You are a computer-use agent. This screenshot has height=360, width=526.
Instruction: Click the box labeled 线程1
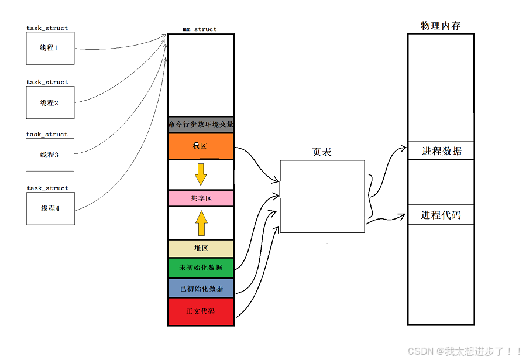pyautogui.click(x=50, y=49)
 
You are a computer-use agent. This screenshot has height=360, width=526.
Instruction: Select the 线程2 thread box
pyautogui.click(x=50, y=103)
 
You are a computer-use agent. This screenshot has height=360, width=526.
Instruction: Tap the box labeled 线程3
pyautogui.click(x=50, y=155)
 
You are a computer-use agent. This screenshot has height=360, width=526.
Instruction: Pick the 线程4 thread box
pyautogui.click(x=50, y=208)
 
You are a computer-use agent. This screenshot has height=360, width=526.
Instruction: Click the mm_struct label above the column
pyautogui.click(x=200, y=29)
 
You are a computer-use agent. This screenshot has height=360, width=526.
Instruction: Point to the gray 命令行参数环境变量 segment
pyautogui.click(x=201, y=125)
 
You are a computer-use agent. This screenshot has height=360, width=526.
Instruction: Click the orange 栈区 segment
pyautogui.click(x=201, y=146)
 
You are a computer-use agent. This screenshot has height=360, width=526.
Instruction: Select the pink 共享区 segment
pyautogui.click(x=201, y=198)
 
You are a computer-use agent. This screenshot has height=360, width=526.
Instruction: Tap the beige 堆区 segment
pyautogui.click(x=201, y=248)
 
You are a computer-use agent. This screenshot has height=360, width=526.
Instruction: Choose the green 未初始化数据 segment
pyautogui.click(x=201, y=268)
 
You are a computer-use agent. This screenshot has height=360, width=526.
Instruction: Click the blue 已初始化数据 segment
pyautogui.click(x=201, y=288)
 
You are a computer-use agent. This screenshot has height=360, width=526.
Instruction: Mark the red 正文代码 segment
pyautogui.click(x=201, y=311)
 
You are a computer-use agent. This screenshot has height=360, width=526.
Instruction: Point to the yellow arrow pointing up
pyautogui.click(x=201, y=223)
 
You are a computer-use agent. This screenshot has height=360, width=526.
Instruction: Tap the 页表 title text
pyautogui.click(x=322, y=152)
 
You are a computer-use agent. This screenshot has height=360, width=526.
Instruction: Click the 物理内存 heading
pyautogui.click(x=441, y=26)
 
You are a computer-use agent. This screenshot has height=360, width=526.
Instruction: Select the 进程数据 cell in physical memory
pyautogui.click(x=441, y=151)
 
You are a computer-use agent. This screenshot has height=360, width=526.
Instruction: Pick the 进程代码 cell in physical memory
pyautogui.click(x=441, y=215)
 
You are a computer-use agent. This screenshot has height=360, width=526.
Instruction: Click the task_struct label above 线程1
pyautogui.click(x=47, y=28)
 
